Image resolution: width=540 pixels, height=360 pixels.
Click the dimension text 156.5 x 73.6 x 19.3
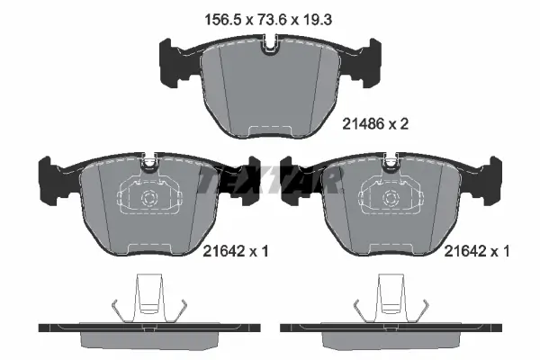268,20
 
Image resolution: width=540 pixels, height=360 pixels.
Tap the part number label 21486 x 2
375,123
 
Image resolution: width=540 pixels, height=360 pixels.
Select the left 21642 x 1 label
235,251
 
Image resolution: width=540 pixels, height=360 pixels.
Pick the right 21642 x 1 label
477,251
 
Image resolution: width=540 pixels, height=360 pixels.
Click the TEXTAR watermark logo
270,180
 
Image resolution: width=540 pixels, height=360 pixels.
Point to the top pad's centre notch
270,44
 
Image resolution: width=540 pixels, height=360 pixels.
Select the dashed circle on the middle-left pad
149,198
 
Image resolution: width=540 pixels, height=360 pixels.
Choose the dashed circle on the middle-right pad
391,198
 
